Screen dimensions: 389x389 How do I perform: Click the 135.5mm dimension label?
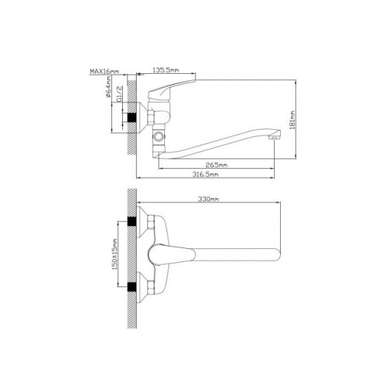tap(166, 70)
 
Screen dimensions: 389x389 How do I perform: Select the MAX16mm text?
tap(104, 71)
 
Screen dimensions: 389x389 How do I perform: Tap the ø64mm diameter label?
tap(108, 86)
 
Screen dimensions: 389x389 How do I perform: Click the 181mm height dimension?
tap(293, 120)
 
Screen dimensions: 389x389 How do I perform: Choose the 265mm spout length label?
tap(216, 165)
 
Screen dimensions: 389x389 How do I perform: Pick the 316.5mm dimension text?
tap(205, 174)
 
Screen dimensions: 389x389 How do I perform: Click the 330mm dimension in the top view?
tap(209, 199)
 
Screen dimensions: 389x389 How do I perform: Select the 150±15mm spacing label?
tap(114, 254)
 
